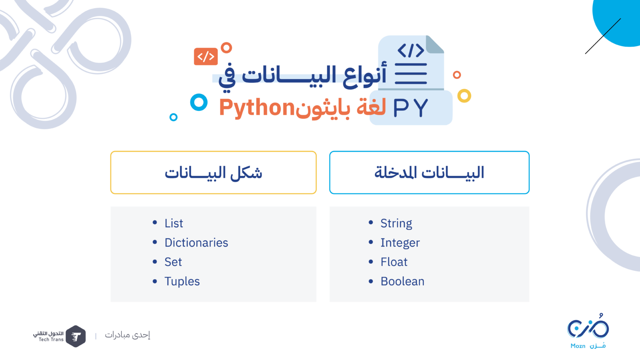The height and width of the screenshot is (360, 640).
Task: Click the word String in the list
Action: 396,223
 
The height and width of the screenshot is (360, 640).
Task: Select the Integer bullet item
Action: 400,242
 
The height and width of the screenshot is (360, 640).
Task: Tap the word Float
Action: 394,262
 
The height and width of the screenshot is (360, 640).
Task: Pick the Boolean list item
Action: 402,281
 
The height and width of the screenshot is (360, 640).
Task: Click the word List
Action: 173,223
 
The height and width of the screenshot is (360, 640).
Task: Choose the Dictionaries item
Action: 196,242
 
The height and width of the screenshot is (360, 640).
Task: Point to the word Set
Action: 173,262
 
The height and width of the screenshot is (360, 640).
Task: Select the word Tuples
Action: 182,282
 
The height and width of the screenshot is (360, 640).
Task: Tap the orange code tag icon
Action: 206,57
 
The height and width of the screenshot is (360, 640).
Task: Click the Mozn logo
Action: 588,331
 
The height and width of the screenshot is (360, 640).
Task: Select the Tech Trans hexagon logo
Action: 75,336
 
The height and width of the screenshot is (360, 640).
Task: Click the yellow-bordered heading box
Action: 213,172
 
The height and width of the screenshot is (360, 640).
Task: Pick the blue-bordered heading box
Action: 429,172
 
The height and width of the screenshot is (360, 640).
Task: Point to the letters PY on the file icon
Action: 410,108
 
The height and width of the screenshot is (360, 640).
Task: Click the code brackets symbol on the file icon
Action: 411,50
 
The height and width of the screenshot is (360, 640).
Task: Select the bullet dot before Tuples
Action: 155,281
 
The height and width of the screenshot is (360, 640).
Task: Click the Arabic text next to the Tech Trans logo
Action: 127,335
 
